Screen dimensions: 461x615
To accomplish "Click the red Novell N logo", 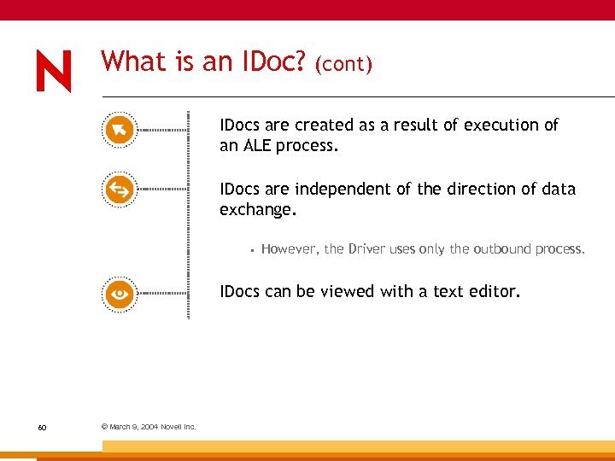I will pyautogui.click(x=54, y=71).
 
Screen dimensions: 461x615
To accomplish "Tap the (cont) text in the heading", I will pyautogui.click(x=343, y=65).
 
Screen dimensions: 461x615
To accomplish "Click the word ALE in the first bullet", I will pyautogui.click(x=257, y=145).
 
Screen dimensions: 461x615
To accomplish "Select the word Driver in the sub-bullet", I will pyautogui.click(x=367, y=249).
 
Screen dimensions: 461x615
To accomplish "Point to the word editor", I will pyautogui.click(x=493, y=291).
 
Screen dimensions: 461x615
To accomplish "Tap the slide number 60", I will pyautogui.click(x=42, y=427).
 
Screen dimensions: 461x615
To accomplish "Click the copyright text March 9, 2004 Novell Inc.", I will pyautogui.click(x=149, y=427).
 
